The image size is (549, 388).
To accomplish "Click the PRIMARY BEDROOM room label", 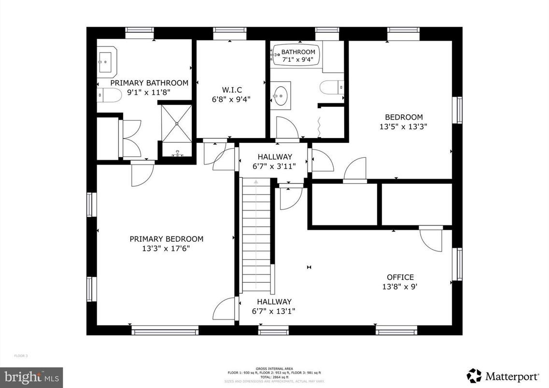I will pyautogui.click(x=166, y=239).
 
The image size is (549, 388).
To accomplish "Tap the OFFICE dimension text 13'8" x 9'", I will pyautogui.click(x=400, y=286).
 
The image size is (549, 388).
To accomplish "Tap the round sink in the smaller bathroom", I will pyautogui.click(x=281, y=95).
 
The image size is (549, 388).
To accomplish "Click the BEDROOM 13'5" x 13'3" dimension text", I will pyautogui.click(x=404, y=126).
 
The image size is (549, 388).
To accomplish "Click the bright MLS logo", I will pyautogui.click(x=31, y=375).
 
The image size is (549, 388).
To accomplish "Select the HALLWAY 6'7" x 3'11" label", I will pyautogui.click(x=274, y=161).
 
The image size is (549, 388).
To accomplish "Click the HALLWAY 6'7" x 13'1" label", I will pyautogui.click(x=274, y=306).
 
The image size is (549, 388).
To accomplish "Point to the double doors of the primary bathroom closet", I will pyautogui.click(x=131, y=139).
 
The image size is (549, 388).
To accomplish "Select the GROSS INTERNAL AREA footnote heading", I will pyautogui.click(x=274, y=369).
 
